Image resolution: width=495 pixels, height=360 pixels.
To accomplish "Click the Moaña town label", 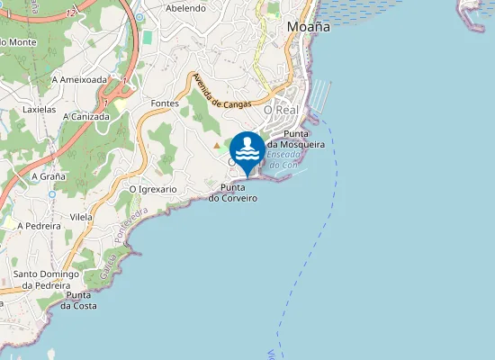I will pos(308,27).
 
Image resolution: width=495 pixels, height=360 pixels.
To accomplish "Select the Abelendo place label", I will pos(186,8).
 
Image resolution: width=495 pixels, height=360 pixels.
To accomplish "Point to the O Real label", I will pos(281,109).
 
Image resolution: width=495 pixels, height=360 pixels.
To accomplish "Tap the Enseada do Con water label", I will pos(282,160).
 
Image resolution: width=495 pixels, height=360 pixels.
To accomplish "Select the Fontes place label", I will pos(166,103).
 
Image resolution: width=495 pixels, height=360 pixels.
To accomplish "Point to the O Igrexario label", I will pos(153,190).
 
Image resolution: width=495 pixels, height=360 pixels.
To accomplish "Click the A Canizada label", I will pos(86,116).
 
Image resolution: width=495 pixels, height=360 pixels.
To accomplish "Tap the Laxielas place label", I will pos(39,109).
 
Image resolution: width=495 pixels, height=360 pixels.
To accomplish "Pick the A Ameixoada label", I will pos(79,79).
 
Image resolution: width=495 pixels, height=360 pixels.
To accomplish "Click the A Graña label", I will pos(47,176).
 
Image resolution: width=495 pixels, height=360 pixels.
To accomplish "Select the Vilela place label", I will pos(82,217).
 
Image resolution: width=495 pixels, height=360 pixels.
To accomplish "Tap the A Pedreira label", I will pos(43,226).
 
